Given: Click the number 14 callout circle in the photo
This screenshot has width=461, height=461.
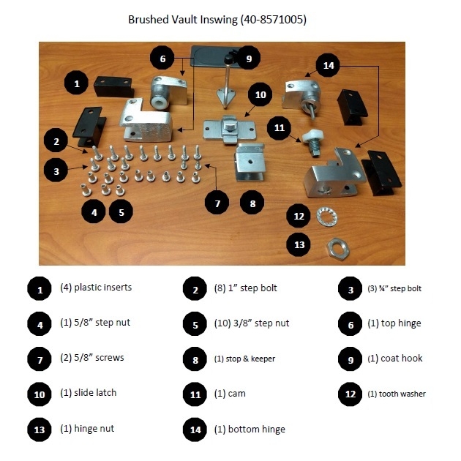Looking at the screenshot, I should [327, 65].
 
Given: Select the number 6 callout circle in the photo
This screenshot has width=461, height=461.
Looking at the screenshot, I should [162, 59].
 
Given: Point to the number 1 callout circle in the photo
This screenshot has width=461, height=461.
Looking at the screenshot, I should [77, 84].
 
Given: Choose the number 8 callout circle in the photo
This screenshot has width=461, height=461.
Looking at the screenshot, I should [252, 203].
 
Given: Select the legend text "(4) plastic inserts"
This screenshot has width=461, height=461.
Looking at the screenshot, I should [96, 288].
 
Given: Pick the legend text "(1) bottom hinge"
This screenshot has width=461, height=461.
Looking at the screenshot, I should [250, 429].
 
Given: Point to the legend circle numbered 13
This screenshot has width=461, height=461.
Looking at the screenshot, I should [39, 429].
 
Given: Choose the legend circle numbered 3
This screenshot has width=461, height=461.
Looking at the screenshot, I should [351, 288].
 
